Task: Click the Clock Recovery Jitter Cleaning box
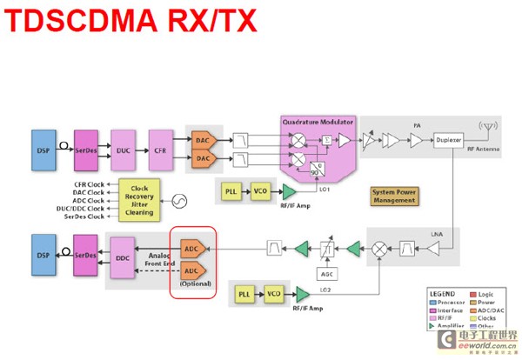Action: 139,201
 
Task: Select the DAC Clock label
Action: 88,193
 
